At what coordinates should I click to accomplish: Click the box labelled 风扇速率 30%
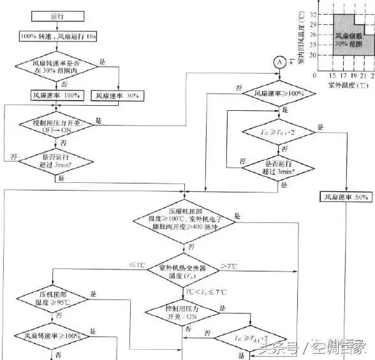[120, 96]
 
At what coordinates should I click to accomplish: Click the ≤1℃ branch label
[136, 264]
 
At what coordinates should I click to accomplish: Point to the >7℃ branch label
[228, 264]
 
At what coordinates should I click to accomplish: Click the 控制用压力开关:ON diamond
[184, 312]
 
